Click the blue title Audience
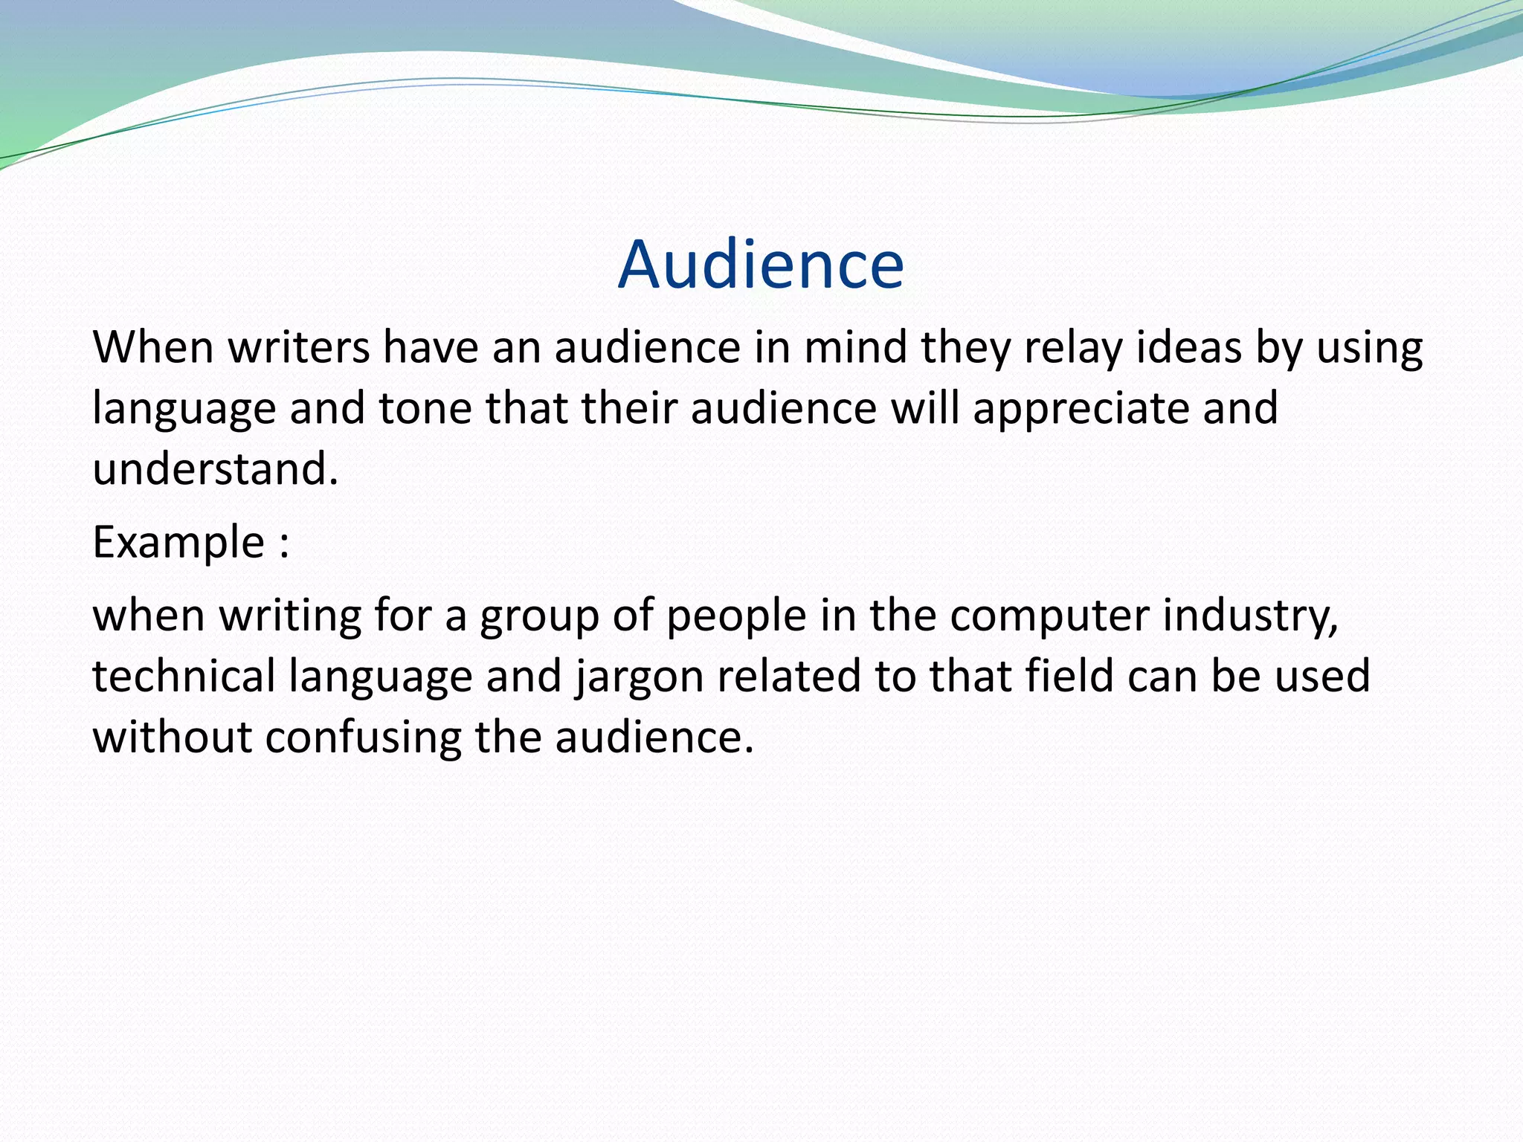pos(761,265)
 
